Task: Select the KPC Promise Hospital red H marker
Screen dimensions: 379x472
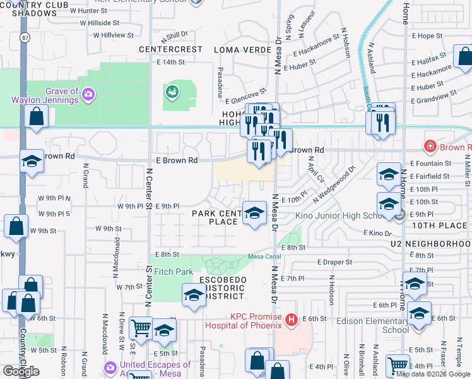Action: (291, 320)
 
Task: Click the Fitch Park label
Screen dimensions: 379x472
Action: (174, 272)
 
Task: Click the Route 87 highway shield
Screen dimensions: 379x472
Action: (23, 36)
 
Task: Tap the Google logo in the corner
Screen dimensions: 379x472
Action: (21, 371)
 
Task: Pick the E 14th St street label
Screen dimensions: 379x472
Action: (170, 63)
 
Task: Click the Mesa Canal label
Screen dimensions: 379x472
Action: (264, 256)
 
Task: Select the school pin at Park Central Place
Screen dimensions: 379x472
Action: (254, 214)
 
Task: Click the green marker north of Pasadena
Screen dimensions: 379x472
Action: (171, 93)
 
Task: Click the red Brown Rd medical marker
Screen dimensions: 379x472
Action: (430, 147)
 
